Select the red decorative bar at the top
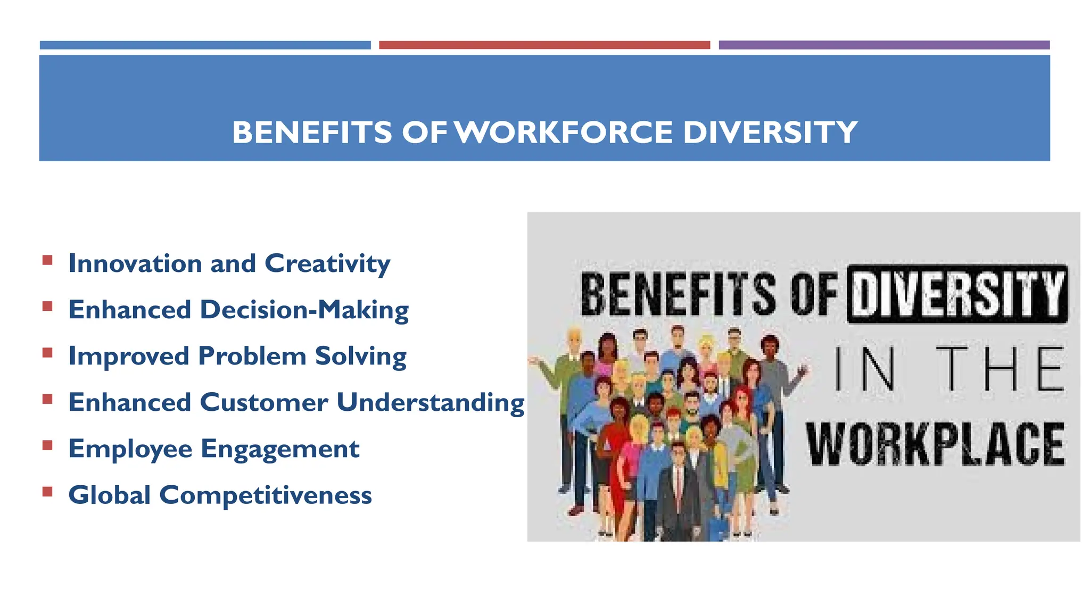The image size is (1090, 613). pos(544,45)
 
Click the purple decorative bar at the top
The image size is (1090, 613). pos(884,45)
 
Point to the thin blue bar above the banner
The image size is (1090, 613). pos(205,45)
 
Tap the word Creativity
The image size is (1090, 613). pos(327,263)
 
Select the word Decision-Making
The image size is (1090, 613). pos(304,310)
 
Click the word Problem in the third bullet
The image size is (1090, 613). pos(252,356)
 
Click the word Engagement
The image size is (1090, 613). pos(280,449)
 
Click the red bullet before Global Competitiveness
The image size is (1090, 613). pos(48,491)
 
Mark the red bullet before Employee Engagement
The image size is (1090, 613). pos(48,445)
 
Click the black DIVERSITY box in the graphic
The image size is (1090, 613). pos(957,294)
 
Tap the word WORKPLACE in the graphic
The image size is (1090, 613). pos(935,445)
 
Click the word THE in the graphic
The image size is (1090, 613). pos(1000,368)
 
